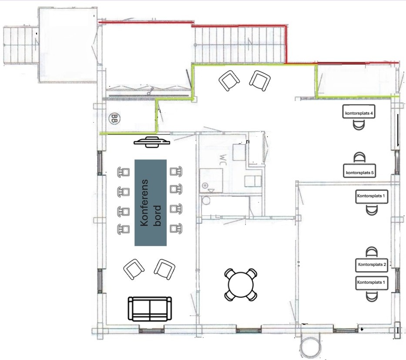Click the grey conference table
(151, 202)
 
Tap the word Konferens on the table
(144, 202)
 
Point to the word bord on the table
(157, 216)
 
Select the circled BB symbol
(114, 119)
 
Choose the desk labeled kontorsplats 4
(359, 111)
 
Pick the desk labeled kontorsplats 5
(359, 171)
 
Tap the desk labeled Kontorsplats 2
(372, 265)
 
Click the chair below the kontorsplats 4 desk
(359, 125)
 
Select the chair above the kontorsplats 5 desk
(359, 158)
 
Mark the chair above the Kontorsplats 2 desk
(372, 252)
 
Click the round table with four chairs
(241, 284)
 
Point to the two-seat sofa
(150, 309)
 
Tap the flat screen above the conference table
(152, 142)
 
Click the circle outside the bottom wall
(311, 347)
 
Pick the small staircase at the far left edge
(21, 45)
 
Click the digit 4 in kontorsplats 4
(371, 113)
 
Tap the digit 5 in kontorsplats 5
(372, 172)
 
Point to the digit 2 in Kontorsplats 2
(385, 264)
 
